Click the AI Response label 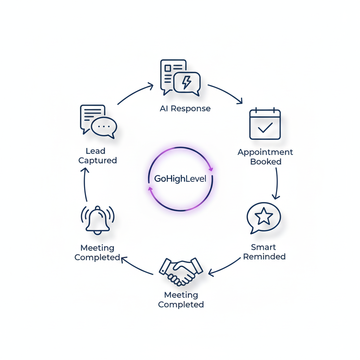click(x=185, y=109)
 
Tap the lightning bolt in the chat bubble click(x=187, y=82)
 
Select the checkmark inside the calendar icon click(x=265, y=127)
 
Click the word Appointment click(x=265, y=152)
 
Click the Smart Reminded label click(x=264, y=252)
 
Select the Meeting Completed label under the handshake click(x=181, y=300)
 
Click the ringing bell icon click(x=98, y=219)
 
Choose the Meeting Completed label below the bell click(x=97, y=252)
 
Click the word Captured click(x=97, y=161)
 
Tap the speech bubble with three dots click(x=104, y=127)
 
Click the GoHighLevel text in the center click(x=180, y=179)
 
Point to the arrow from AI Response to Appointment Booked click(x=225, y=93)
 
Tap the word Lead click(x=96, y=151)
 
